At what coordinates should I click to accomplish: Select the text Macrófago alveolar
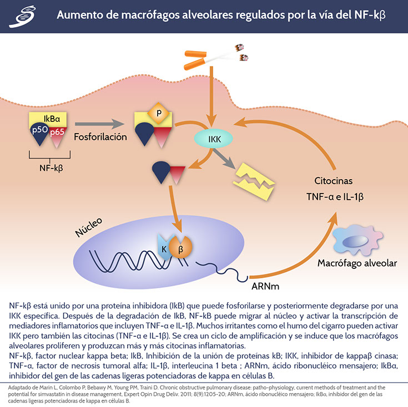click(357, 263)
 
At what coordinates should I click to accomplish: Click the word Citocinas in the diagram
click(333, 181)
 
